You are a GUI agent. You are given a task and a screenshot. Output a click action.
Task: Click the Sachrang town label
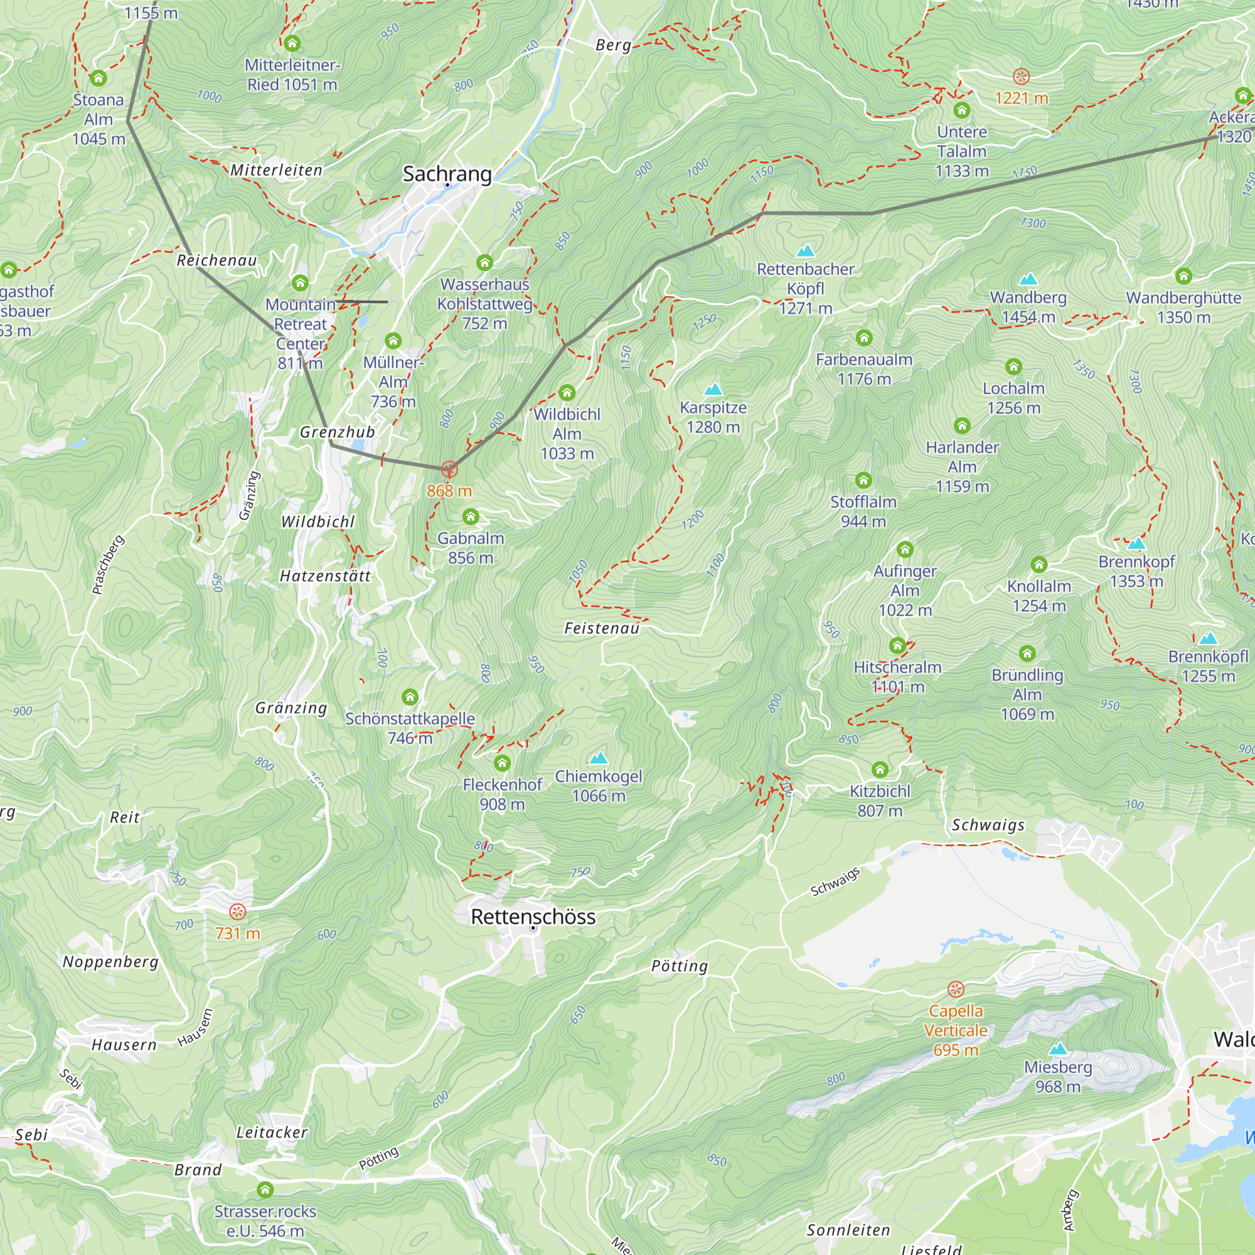(x=447, y=173)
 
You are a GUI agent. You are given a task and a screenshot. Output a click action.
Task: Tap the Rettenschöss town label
(x=533, y=917)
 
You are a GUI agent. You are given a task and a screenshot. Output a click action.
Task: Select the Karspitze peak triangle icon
(x=713, y=390)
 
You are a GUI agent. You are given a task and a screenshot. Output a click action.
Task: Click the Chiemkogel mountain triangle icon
(x=598, y=758)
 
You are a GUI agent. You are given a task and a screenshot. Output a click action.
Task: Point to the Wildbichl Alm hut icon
(x=567, y=392)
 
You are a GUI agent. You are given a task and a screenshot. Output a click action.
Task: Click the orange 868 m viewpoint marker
(x=449, y=469)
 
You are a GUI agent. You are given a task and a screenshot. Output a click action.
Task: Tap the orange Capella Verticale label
(x=956, y=1030)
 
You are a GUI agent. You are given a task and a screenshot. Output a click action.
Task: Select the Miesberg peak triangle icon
(x=1058, y=1049)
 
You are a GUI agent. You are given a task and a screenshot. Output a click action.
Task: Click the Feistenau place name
(x=602, y=628)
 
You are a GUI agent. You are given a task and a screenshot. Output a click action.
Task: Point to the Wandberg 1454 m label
(x=1028, y=307)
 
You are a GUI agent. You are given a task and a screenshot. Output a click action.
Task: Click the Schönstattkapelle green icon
(x=410, y=697)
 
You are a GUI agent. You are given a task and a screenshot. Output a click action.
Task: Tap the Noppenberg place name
(x=110, y=961)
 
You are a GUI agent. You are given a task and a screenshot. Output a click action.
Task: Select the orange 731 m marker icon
(x=238, y=912)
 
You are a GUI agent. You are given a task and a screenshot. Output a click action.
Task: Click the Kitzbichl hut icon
(x=880, y=770)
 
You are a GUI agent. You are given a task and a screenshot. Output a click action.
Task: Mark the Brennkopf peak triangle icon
(x=1136, y=543)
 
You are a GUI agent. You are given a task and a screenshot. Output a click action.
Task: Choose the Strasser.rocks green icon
(x=265, y=1189)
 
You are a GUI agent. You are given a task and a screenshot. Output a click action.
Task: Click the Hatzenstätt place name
(x=325, y=576)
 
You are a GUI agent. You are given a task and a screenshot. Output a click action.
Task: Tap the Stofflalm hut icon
(x=863, y=480)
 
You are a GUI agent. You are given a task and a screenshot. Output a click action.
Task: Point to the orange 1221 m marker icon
(x=1021, y=77)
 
